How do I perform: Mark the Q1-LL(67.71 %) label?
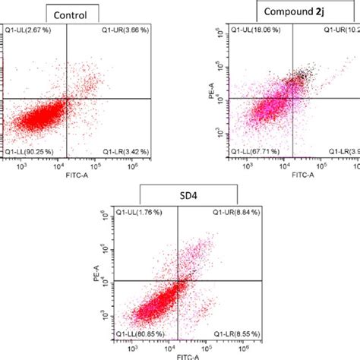tap(258, 151)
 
